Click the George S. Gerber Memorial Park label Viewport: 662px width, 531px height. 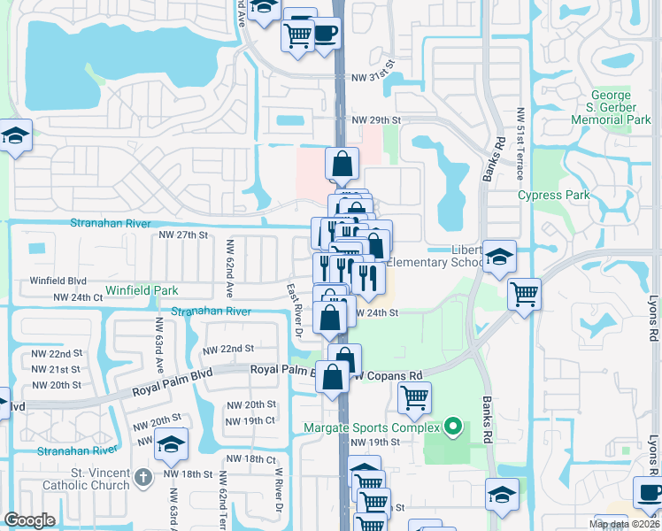611,107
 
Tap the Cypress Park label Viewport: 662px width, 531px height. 551,195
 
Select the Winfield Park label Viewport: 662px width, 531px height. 142,290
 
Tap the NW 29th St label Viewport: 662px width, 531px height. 376,119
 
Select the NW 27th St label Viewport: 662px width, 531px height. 182,235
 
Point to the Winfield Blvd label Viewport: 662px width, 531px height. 58,281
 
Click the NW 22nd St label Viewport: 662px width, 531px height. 228,350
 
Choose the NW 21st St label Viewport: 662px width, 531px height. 56,369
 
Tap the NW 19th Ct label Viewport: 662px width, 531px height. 250,420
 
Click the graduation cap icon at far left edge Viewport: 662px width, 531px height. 15,135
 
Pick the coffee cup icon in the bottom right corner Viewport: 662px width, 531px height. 649,492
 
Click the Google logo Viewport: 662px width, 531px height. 29,520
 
